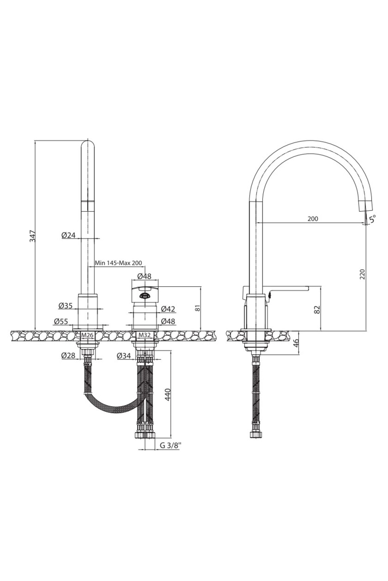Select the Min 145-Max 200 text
point(118,263)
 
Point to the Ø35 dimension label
point(65,305)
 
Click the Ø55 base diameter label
point(61,321)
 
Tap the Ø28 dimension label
point(68,355)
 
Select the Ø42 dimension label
point(168,309)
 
